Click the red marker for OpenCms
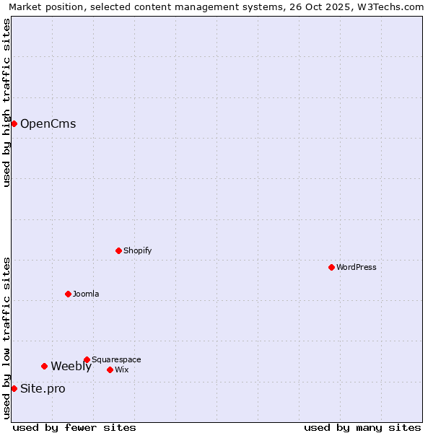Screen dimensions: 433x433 [x=14, y=123]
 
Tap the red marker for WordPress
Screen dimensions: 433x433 [x=331, y=267]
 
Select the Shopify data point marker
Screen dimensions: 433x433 [x=118, y=250]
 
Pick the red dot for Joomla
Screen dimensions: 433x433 [x=68, y=294]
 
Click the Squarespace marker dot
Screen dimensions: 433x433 [x=87, y=359]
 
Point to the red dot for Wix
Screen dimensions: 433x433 [x=110, y=369]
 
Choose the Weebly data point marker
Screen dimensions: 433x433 [x=44, y=366]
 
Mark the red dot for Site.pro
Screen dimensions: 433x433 [x=14, y=388]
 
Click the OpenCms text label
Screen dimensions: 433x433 [x=48, y=123]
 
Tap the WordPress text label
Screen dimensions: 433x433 [x=357, y=267]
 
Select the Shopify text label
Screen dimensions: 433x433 [x=137, y=250]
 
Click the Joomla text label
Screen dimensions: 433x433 [x=86, y=294]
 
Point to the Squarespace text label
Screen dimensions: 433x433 [x=116, y=359]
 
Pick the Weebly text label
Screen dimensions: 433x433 [x=71, y=366]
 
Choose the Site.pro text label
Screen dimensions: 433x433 [x=43, y=388]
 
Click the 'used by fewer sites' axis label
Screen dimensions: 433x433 [x=74, y=427]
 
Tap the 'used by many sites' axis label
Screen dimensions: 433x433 [x=362, y=427]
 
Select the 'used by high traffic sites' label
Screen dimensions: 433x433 [x=6, y=102]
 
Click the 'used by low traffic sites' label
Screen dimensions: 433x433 [x=6, y=338]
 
